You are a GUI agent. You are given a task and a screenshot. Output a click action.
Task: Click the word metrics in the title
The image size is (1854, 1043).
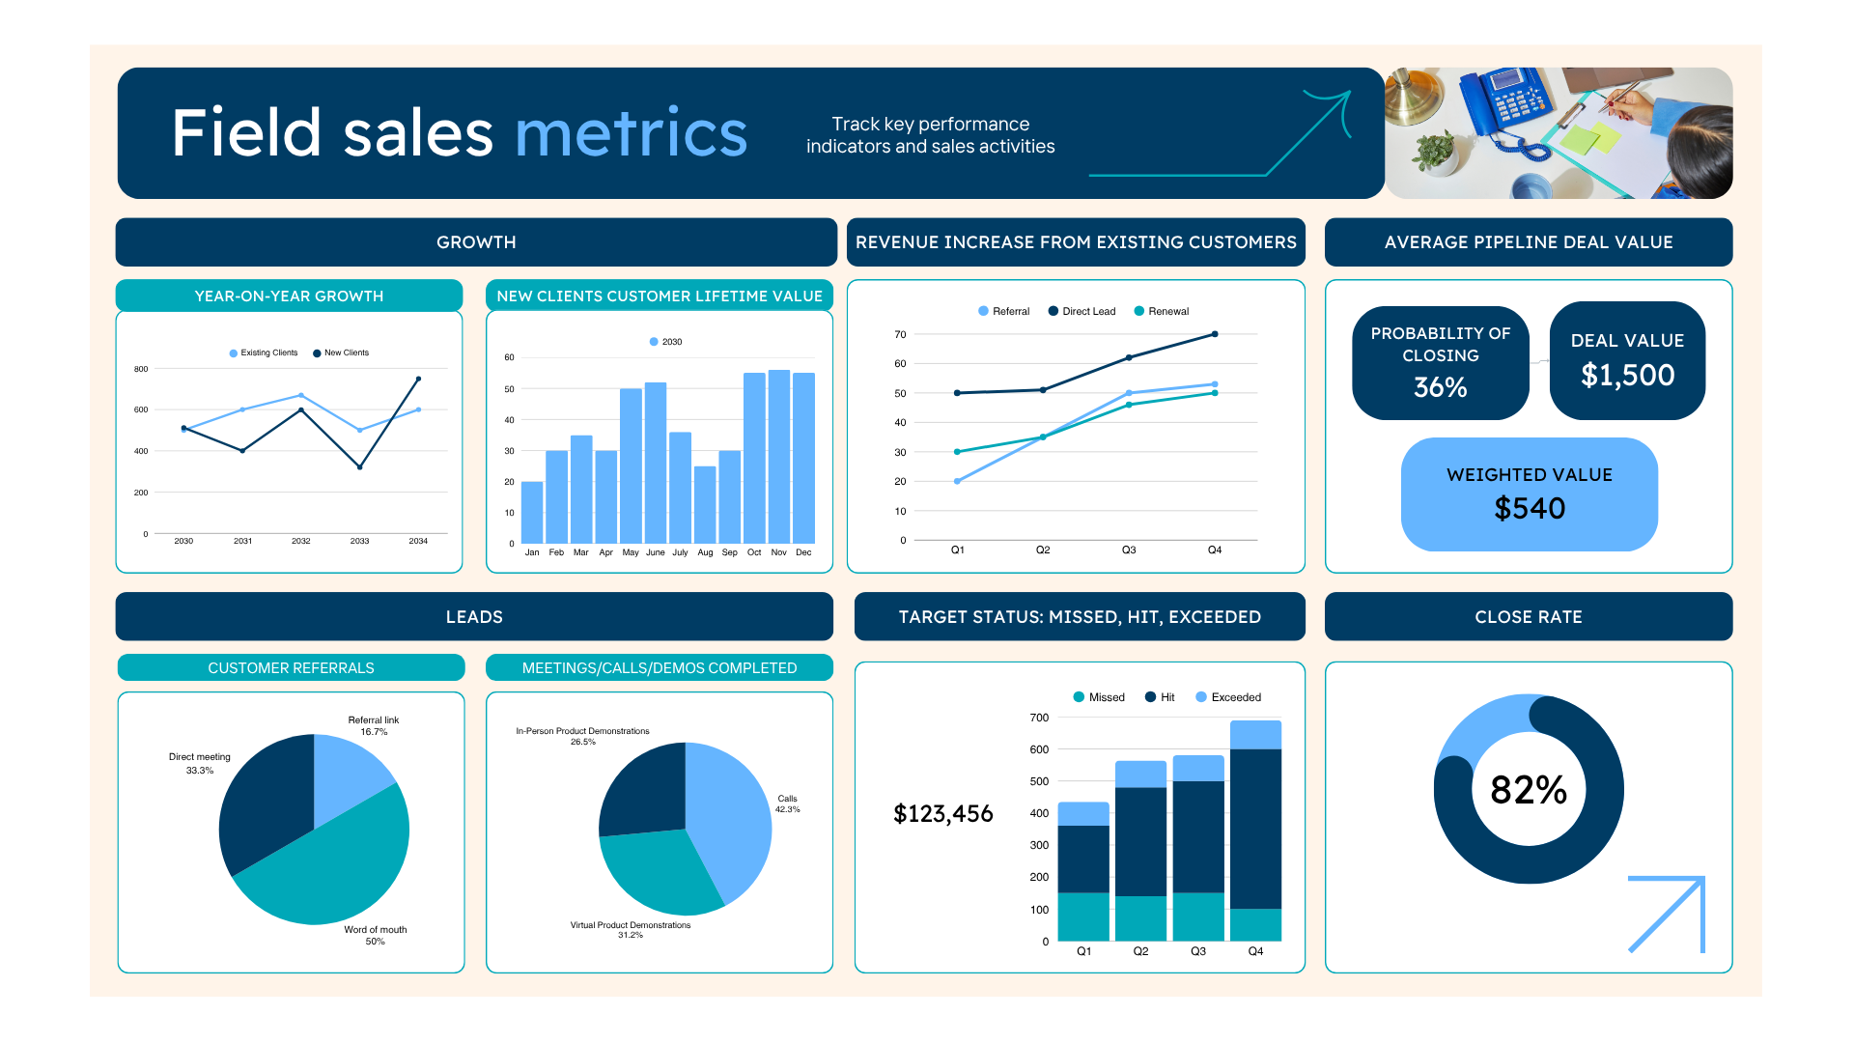tap(632, 133)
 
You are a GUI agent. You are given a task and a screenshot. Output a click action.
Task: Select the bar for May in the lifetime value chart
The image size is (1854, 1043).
tap(631, 465)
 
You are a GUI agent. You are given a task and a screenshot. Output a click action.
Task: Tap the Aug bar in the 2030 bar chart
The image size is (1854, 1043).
tap(705, 504)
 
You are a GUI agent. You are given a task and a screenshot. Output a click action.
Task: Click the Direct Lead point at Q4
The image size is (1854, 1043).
tap(1214, 334)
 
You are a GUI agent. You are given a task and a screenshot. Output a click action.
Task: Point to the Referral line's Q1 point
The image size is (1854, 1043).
tap(957, 481)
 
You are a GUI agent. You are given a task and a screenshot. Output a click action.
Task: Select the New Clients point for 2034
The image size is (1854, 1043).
tap(418, 379)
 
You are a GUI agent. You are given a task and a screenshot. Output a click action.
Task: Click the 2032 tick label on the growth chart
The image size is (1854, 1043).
tap(301, 541)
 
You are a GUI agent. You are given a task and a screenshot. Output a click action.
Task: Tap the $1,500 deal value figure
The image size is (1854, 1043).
tap(1627, 375)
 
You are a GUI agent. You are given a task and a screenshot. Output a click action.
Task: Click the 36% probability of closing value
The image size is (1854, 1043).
tap(1440, 387)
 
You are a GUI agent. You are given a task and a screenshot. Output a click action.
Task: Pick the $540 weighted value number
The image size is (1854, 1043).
tap(1529, 508)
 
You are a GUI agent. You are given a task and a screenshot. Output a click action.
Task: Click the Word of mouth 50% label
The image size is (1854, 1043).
tap(375, 935)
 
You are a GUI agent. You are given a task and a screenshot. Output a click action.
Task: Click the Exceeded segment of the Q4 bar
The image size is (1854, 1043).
tap(1255, 734)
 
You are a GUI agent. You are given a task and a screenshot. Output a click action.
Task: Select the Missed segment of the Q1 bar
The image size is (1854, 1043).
tap(1083, 916)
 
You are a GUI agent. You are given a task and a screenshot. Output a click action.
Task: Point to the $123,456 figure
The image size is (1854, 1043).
tap(942, 813)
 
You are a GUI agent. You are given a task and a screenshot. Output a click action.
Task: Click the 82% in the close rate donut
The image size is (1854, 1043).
tap(1528, 790)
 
